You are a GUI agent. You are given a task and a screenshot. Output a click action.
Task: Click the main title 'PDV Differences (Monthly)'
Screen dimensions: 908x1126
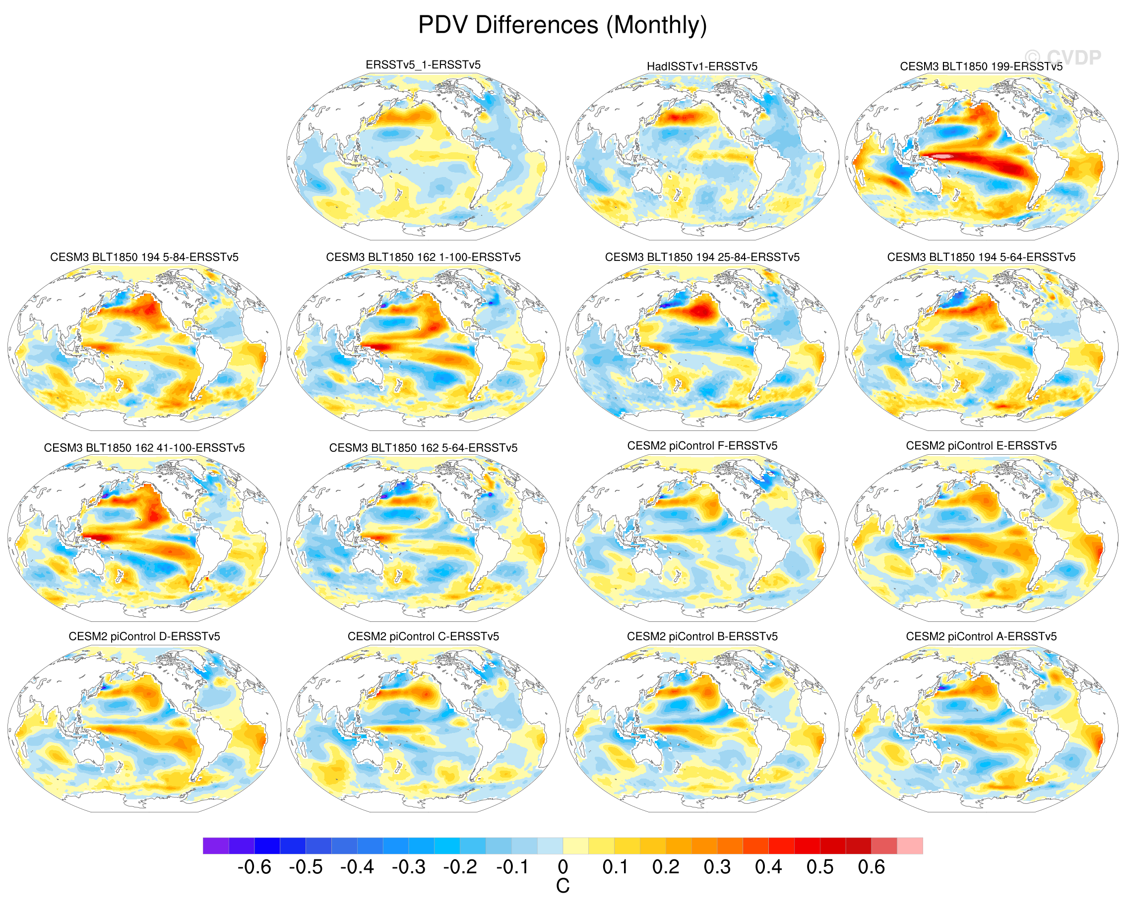(x=563, y=25)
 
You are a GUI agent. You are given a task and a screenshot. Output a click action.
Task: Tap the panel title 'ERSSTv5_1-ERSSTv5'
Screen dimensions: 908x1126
(x=423, y=65)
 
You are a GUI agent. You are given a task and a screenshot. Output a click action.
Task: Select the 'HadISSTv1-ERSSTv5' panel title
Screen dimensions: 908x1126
(x=702, y=66)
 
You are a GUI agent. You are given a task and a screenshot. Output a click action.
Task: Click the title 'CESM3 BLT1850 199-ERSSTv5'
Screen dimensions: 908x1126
(x=981, y=66)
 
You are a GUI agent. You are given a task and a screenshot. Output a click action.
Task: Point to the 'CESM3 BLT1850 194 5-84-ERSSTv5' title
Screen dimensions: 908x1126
(x=144, y=257)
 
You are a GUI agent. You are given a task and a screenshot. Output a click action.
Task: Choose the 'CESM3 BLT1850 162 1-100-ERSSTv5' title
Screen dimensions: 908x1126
(x=423, y=257)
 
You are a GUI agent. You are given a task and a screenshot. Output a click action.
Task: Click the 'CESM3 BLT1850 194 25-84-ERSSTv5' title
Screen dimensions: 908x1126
(x=702, y=257)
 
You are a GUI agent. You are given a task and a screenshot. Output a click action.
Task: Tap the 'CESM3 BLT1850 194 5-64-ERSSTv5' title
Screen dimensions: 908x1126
(x=981, y=257)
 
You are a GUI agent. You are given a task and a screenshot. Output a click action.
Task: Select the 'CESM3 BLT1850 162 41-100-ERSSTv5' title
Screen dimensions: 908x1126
(x=144, y=448)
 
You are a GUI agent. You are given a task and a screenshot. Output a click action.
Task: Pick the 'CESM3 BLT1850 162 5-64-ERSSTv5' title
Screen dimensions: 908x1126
(x=423, y=448)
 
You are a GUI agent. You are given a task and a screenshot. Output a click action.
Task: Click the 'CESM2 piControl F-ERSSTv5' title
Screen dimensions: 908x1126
(x=702, y=446)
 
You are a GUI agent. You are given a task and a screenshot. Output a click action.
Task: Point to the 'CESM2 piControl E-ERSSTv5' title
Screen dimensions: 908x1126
(x=981, y=446)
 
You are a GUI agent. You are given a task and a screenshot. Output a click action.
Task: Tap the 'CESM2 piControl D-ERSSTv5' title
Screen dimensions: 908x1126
(x=144, y=636)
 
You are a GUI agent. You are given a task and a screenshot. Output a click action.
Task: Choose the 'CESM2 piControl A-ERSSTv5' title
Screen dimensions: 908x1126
(x=981, y=636)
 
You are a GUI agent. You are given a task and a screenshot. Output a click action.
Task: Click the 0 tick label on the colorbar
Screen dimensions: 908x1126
(x=563, y=867)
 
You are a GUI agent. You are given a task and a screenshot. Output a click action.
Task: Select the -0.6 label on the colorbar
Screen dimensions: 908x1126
(x=254, y=867)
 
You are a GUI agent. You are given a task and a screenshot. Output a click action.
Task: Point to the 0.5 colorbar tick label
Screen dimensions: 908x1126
(x=819, y=867)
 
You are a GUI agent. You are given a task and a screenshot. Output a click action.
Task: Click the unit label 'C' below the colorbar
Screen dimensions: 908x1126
(x=563, y=886)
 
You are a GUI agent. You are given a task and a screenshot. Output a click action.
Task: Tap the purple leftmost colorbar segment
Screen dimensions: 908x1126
(x=216, y=846)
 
